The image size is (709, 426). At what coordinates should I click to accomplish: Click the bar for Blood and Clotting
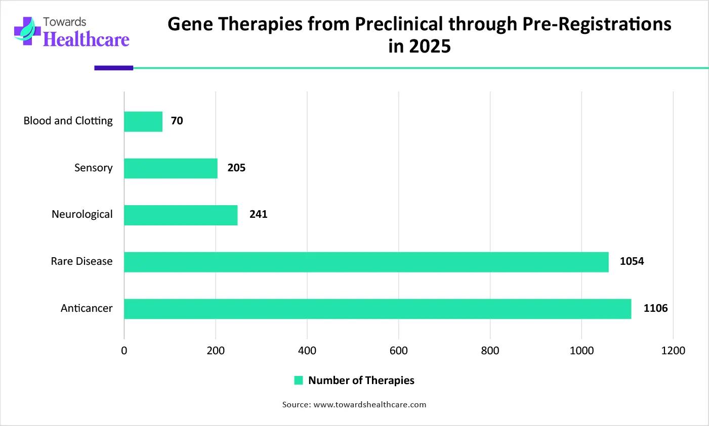(x=143, y=121)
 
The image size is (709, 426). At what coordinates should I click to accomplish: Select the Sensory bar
(x=171, y=168)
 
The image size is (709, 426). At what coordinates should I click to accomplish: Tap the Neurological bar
(x=181, y=215)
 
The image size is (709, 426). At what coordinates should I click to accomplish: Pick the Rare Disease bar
(x=366, y=262)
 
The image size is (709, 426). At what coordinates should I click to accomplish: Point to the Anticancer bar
(x=378, y=309)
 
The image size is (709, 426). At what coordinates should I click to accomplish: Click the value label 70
(x=177, y=121)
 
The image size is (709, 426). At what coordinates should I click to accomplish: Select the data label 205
(x=236, y=168)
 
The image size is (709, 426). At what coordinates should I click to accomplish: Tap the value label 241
(x=258, y=214)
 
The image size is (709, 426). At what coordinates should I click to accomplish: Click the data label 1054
(x=632, y=261)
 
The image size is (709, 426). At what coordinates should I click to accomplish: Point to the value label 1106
(x=655, y=308)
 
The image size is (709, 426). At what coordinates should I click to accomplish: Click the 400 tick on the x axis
(x=307, y=351)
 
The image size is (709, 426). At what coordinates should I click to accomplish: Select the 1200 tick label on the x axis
(x=673, y=351)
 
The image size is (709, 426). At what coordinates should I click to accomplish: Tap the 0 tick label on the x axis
(x=124, y=351)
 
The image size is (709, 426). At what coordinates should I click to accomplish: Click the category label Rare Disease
(x=81, y=261)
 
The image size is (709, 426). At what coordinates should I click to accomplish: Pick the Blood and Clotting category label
(x=68, y=121)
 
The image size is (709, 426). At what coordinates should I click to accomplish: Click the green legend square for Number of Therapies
(x=299, y=381)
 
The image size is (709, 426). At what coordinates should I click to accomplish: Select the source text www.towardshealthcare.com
(x=369, y=405)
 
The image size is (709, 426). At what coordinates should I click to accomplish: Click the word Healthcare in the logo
(x=86, y=39)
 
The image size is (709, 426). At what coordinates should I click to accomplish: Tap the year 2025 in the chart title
(x=430, y=46)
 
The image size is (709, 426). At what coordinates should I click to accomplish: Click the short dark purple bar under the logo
(x=113, y=68)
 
